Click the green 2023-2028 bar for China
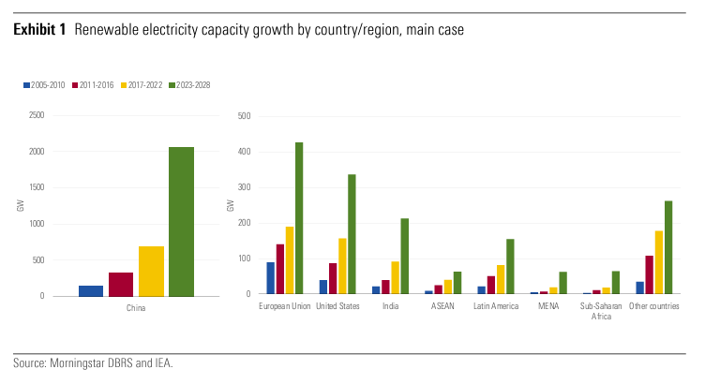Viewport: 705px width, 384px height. [x=181, y=221]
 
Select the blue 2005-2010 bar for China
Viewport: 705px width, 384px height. [x=91, y=290]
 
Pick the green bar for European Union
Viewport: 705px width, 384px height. [x=299, y=217]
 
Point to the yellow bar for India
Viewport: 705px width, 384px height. [x=396, y=277]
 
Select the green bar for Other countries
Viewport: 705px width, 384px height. [x=669, y=246]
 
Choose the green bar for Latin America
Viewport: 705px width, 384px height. [x=511, y=266]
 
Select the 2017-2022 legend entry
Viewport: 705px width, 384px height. [x=142, y=85]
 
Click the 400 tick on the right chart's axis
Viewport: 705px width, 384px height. [x=245, y=152]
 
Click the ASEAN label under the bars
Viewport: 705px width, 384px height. [x=443, y=306]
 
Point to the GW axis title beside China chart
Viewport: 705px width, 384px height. [x=21, y=205]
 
